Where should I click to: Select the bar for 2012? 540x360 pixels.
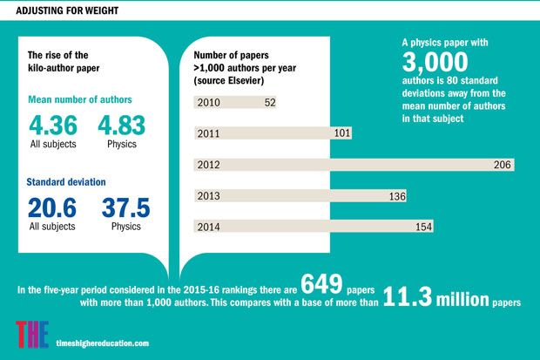point(354,165)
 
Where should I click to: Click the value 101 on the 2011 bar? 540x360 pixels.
point(341,133)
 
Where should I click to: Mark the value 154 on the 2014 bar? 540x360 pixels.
point(422,227)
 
